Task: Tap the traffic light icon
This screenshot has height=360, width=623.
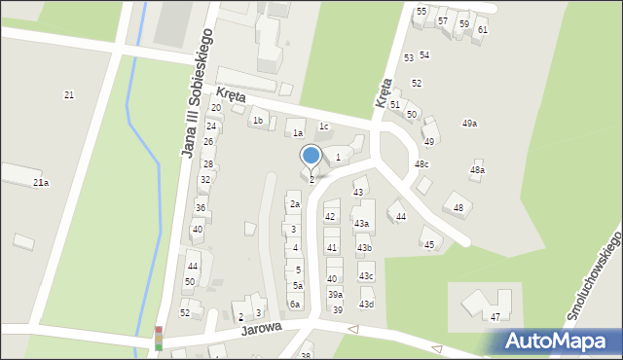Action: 159,338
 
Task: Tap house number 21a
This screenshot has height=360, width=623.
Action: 41,182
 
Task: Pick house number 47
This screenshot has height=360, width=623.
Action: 495,317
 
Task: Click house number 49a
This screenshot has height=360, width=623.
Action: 469,124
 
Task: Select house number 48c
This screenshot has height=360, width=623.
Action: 421,163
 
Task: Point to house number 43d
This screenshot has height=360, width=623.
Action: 366,305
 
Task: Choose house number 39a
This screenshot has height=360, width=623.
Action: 335,294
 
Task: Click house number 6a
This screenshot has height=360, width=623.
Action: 294,304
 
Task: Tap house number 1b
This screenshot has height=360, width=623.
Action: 258,121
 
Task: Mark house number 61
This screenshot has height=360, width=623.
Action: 482,30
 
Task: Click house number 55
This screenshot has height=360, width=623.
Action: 421,11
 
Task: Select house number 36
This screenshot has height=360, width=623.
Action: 200,208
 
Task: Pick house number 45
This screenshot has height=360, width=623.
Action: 429,244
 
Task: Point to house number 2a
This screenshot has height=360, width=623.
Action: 294,204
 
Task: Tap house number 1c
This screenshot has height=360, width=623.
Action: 324,126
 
